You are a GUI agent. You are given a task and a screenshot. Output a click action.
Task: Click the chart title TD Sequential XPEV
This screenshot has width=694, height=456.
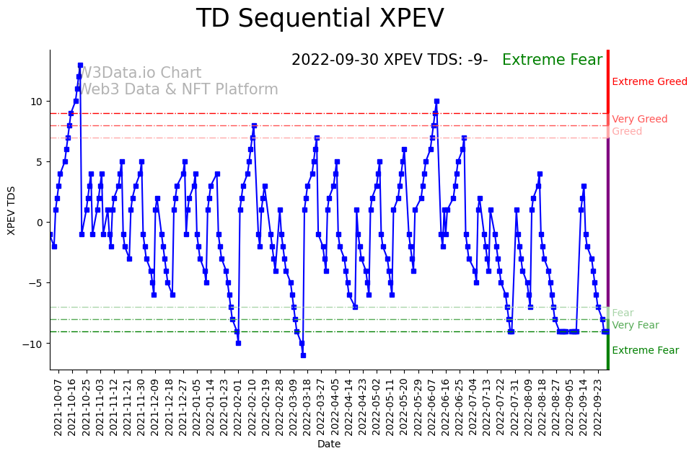(x=320, y=19)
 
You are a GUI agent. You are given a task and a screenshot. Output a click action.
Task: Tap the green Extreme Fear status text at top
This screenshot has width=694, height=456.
(x=552, y=60)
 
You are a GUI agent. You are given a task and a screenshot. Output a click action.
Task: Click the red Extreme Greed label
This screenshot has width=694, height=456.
(x=649, y=82)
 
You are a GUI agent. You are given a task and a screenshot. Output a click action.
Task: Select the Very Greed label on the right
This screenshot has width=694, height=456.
(x=639, y=120)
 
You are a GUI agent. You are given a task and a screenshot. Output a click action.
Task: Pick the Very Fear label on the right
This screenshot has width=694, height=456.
(x=635, y=326)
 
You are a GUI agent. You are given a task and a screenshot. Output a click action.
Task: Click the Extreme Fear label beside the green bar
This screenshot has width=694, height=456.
(x=645, y=351)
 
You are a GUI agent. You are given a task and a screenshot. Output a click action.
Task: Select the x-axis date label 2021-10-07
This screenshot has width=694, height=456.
(x=58, y=407)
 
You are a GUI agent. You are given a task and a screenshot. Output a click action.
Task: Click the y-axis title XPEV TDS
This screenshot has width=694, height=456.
(x=11, y=210)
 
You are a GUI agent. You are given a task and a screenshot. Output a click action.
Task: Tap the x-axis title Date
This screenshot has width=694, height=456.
(x=328, y=444)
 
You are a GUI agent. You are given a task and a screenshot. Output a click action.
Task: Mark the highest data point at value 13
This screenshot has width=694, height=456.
(x=80, y=65)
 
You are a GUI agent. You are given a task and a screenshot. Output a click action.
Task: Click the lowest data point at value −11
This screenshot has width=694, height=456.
(x=303, y=355)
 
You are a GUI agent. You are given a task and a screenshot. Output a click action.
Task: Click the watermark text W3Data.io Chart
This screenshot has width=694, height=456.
(x=140, y=73)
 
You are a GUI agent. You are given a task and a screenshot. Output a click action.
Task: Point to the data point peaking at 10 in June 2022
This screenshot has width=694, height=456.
(x=436, y=102)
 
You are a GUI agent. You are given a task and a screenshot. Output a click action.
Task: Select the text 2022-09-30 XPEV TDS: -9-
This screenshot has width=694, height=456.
(x=390, y=60)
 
